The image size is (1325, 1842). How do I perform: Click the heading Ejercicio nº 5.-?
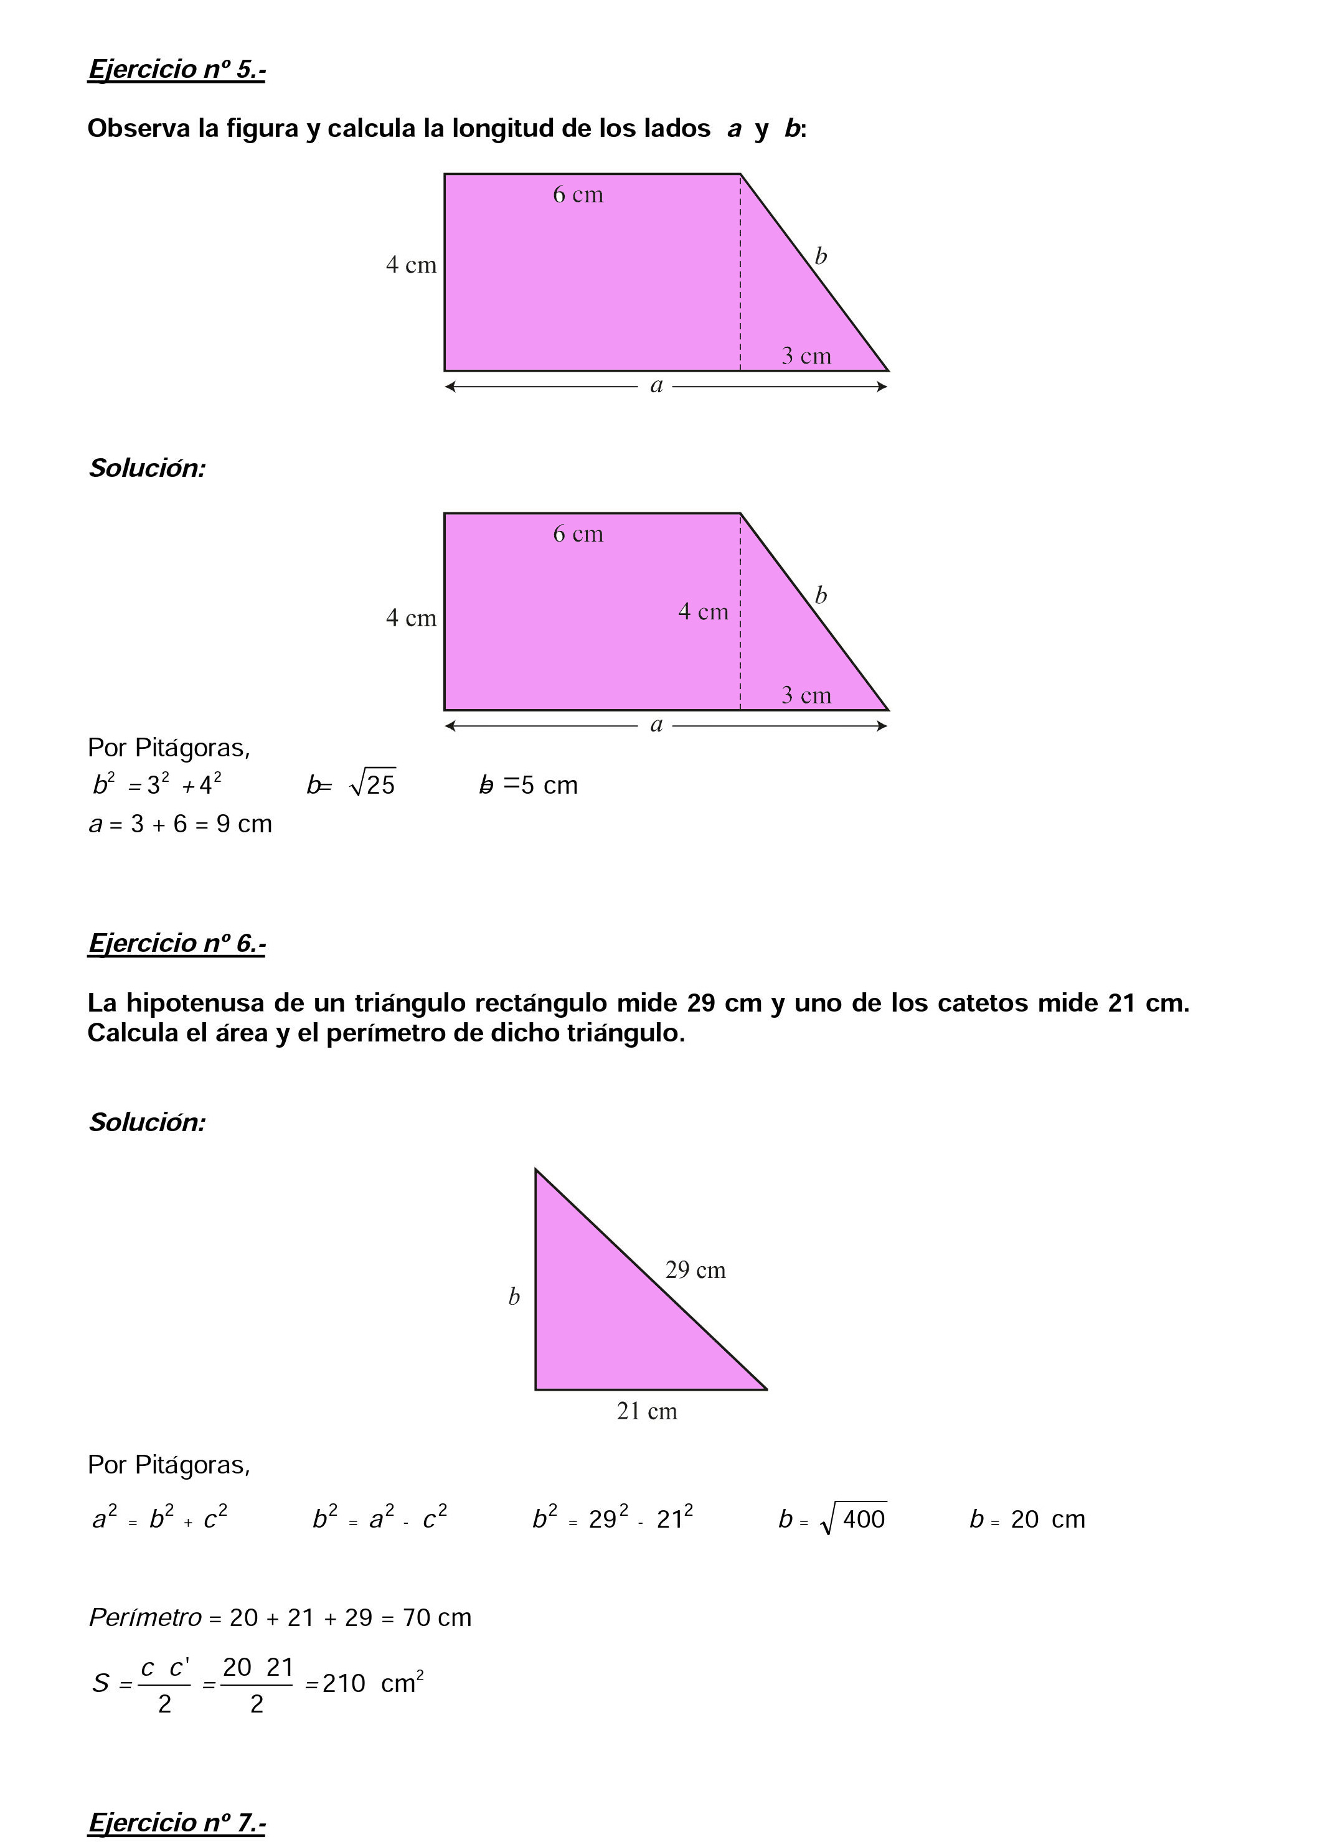176,70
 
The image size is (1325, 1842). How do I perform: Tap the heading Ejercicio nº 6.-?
176,943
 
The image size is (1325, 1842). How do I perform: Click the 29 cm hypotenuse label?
695,1271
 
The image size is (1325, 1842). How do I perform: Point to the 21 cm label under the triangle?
647,1412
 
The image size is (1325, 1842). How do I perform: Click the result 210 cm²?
373,1684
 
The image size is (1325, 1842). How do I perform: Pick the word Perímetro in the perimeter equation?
144,1618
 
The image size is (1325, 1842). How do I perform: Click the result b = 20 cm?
1027,1520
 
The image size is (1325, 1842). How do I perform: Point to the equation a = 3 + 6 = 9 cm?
181,824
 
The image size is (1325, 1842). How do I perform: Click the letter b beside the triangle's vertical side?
514,1297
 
